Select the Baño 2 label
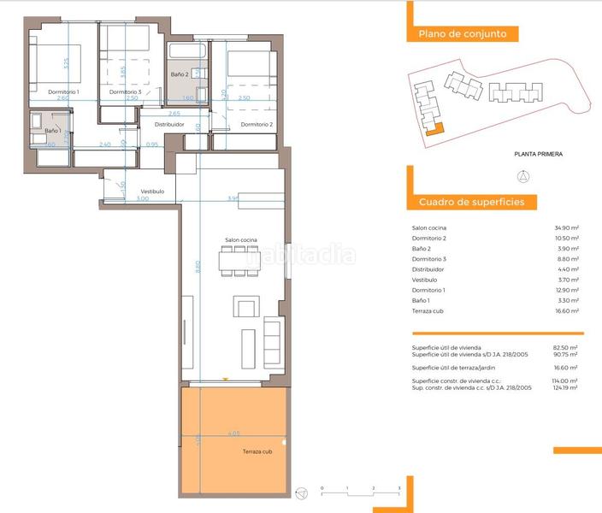point(180,75)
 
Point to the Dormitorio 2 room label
point(257,125)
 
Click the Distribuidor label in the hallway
point(169,125)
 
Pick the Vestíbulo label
point(153,191)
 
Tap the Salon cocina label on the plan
point(241,240)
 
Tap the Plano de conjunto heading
point(462,34)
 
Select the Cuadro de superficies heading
point(477,203)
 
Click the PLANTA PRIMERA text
point(538,155)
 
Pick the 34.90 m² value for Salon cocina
point(566,227)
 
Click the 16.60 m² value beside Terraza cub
point(566,310)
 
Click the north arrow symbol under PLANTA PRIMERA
point(524,177)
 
